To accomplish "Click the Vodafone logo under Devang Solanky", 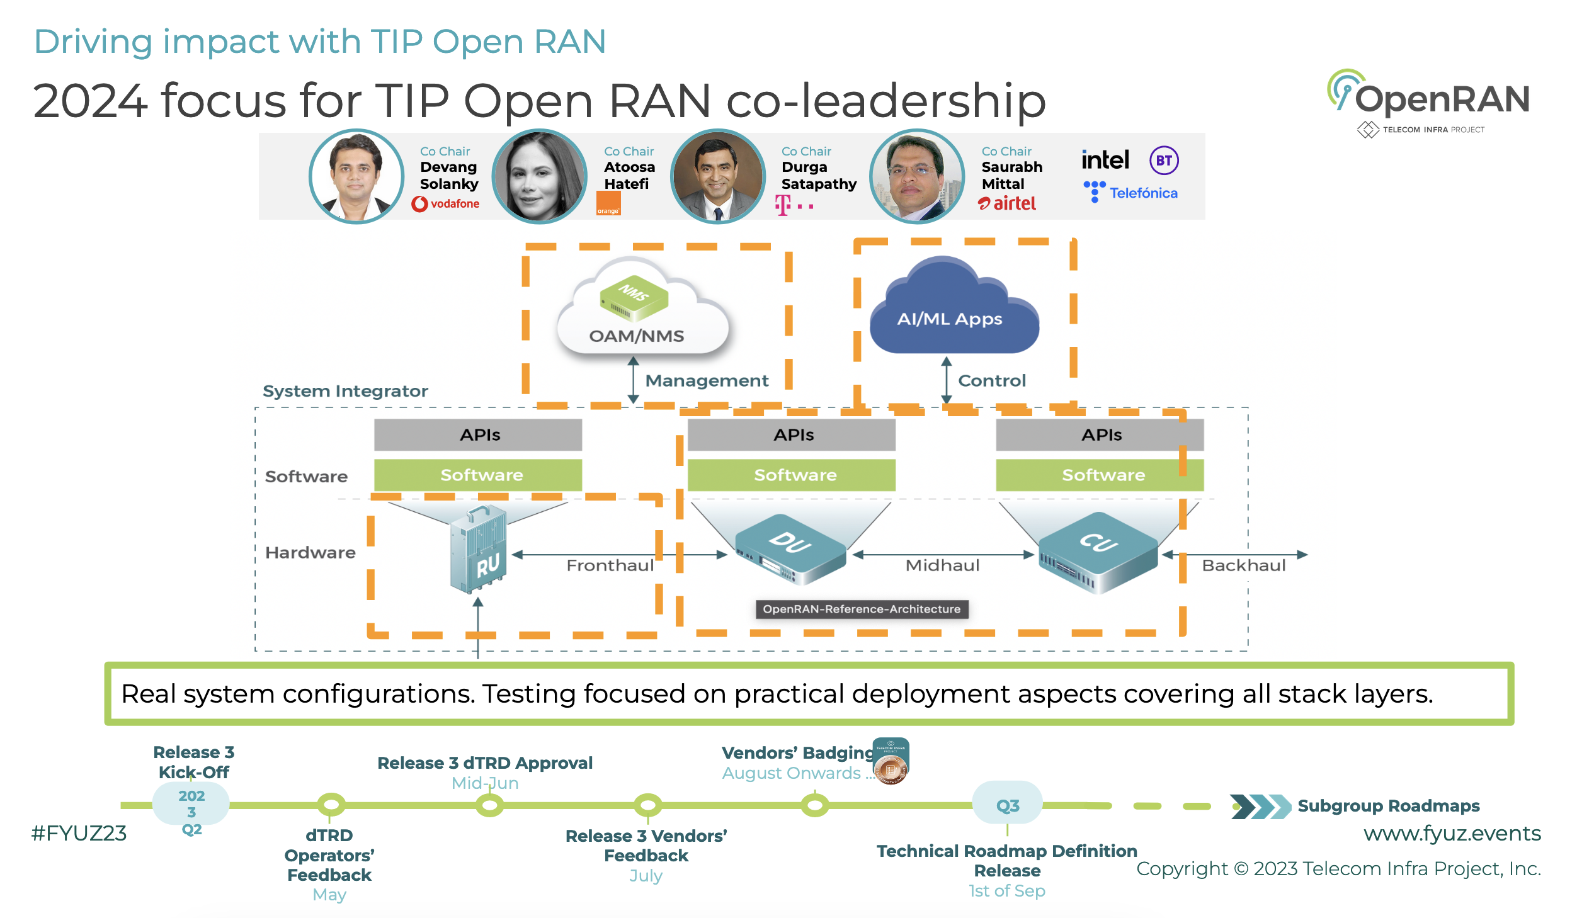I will (446, 203).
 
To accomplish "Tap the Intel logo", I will (1105, 160).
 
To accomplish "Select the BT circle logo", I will (1164, 161).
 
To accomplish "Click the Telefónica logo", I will (1131, 193).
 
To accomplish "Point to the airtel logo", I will (1007, 203).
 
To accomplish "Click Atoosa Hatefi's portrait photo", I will (540, 176).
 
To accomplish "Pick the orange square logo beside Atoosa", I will (608, 203).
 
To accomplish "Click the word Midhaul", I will (942, 565).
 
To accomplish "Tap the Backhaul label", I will (1243, 565).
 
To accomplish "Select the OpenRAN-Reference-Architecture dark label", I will (862, 609).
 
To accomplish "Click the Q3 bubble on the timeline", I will (1007, 805).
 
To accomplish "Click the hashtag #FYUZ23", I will (79, 833).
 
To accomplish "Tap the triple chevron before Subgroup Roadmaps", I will (1260, 806).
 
